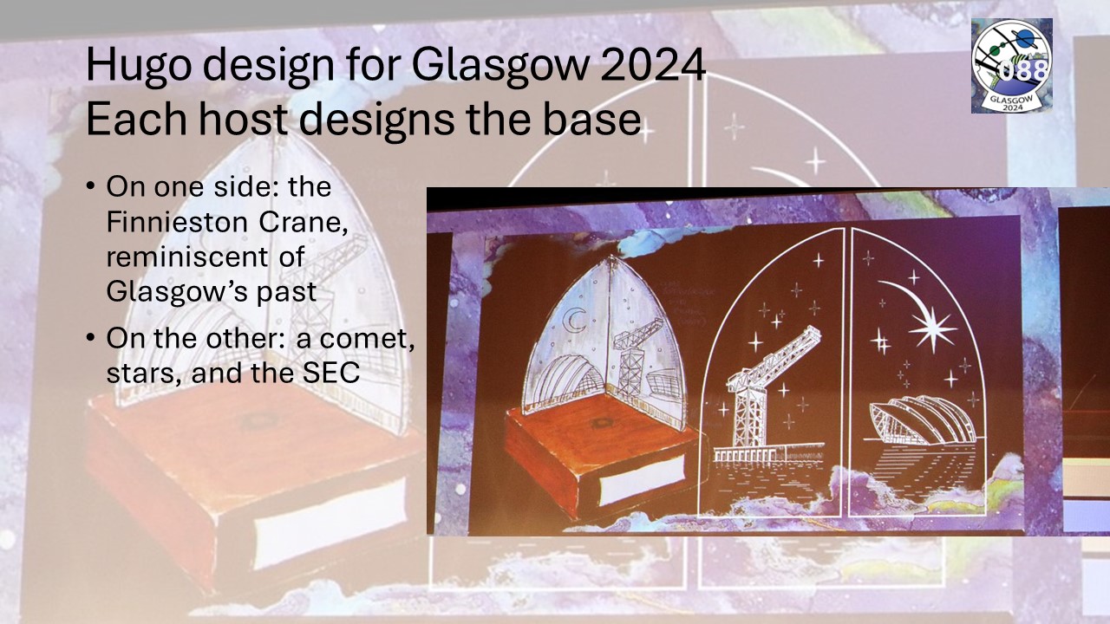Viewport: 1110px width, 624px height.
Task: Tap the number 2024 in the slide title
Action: [652, 65]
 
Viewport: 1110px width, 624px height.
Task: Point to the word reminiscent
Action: [187, 257]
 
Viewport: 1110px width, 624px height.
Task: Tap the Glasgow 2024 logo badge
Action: [1011, 65]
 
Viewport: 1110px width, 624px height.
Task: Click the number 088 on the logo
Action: [1022, 70]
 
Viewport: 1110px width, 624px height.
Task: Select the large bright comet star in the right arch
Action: [932, 328]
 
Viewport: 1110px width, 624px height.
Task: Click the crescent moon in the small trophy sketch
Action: [575, 320]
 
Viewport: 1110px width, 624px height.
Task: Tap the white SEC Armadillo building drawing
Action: [923, 419]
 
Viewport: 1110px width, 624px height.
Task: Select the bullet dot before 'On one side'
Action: [90, 187]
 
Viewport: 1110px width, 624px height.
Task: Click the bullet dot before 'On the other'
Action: [90, 338]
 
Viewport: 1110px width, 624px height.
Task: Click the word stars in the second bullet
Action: [143, 374]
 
